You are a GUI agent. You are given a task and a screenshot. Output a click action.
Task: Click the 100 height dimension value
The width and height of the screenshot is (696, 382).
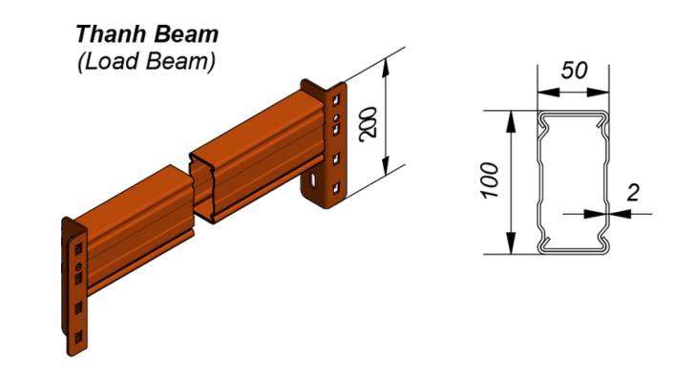(491, 179)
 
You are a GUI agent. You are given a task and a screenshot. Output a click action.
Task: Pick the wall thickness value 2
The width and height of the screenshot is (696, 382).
(632, 192)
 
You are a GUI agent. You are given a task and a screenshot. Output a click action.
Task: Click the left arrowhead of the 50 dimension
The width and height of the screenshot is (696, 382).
(542, 93)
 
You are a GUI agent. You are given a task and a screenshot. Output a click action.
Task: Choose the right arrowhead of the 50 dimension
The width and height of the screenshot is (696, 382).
(601, 93)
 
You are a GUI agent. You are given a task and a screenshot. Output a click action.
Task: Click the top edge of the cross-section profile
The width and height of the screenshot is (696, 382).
(572, 113)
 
